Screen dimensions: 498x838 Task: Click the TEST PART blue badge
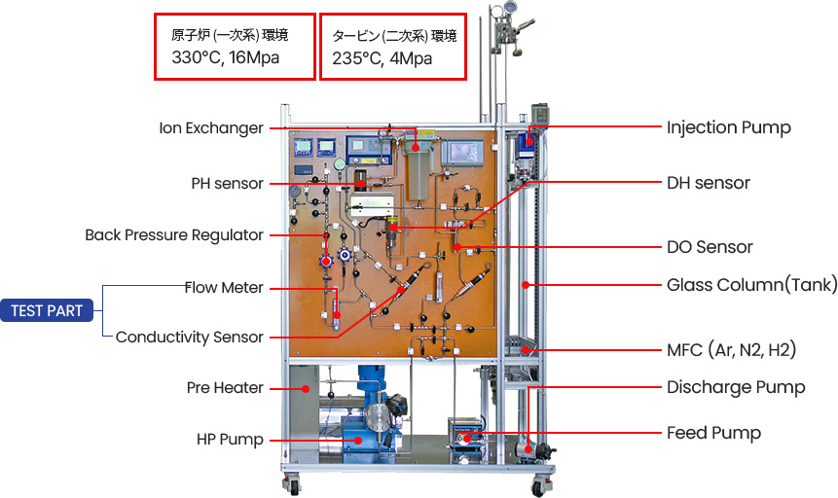pos(47,311)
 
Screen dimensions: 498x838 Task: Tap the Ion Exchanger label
pos(211,127)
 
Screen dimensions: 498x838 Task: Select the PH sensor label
pos(227,183)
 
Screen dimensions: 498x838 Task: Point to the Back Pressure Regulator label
pos(173,234)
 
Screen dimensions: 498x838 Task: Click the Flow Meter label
pos(224,287)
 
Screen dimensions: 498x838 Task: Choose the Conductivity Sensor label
pos(189,338)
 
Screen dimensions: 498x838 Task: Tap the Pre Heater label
pos(225,387)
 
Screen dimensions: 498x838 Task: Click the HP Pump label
pos(230,440)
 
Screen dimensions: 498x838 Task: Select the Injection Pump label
pos(728,127)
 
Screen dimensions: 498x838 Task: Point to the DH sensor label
pos(709,183)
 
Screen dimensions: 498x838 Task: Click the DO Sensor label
pos(710,247)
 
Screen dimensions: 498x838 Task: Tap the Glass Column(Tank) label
pos(751,285)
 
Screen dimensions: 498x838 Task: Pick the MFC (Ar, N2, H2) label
pos(738,349)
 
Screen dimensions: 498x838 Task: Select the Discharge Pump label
pos(736,387)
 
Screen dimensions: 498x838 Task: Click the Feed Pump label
pos(713,433)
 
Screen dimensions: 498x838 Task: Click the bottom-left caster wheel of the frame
pos(290,485)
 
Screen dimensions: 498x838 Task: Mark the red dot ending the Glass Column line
pos(526,285)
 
